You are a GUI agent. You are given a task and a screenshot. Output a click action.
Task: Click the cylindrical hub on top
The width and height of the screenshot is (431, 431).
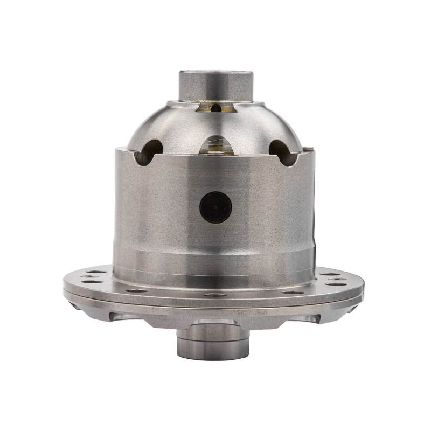click(215, 85)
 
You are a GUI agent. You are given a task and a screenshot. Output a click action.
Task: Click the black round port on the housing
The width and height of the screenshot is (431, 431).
click(215, 207)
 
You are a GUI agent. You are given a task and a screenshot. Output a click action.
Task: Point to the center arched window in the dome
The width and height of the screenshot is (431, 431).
click(216, 144)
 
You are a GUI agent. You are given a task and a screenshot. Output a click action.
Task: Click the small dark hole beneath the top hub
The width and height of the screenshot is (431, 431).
click(216, 108)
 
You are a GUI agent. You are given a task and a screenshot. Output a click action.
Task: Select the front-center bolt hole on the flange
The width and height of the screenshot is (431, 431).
click(215, 295)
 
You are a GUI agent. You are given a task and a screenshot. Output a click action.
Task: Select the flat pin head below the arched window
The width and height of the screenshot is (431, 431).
click(215, 152)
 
